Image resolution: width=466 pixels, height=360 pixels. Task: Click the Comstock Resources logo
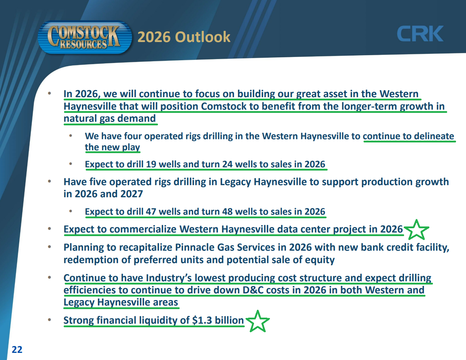(x=85, y=37)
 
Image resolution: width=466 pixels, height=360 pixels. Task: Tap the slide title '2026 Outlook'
(x=184, y=37)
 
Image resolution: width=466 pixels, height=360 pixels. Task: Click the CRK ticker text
(x=420, y=33)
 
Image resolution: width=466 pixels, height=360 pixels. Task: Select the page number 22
(x=17, y=349)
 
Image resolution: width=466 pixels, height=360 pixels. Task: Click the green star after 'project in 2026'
(x=416, y=230)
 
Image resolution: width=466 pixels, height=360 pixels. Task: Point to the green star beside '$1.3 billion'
(x=258, y=321)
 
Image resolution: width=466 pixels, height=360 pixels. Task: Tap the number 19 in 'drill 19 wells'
(x=151, y=164)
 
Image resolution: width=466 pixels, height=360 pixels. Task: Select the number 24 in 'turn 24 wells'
(x=227, y=164)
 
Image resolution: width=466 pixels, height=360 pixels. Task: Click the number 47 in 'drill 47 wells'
(x=151, y=212)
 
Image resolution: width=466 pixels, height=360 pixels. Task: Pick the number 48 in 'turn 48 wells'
(x=227, y=212)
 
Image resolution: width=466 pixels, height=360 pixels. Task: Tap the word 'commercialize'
(x=143, y=229)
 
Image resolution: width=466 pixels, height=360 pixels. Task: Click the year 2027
(x=132, y=194)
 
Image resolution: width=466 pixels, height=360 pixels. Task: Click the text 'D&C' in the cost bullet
(x=253, y=290)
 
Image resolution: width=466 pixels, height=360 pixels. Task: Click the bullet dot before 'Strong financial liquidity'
(x=49, y=320)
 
